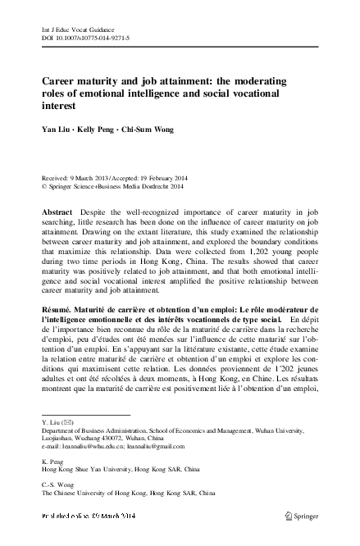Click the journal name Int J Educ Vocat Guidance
click(80, 29)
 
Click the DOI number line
click(86, 38)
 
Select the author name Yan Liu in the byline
click(57, 129)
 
